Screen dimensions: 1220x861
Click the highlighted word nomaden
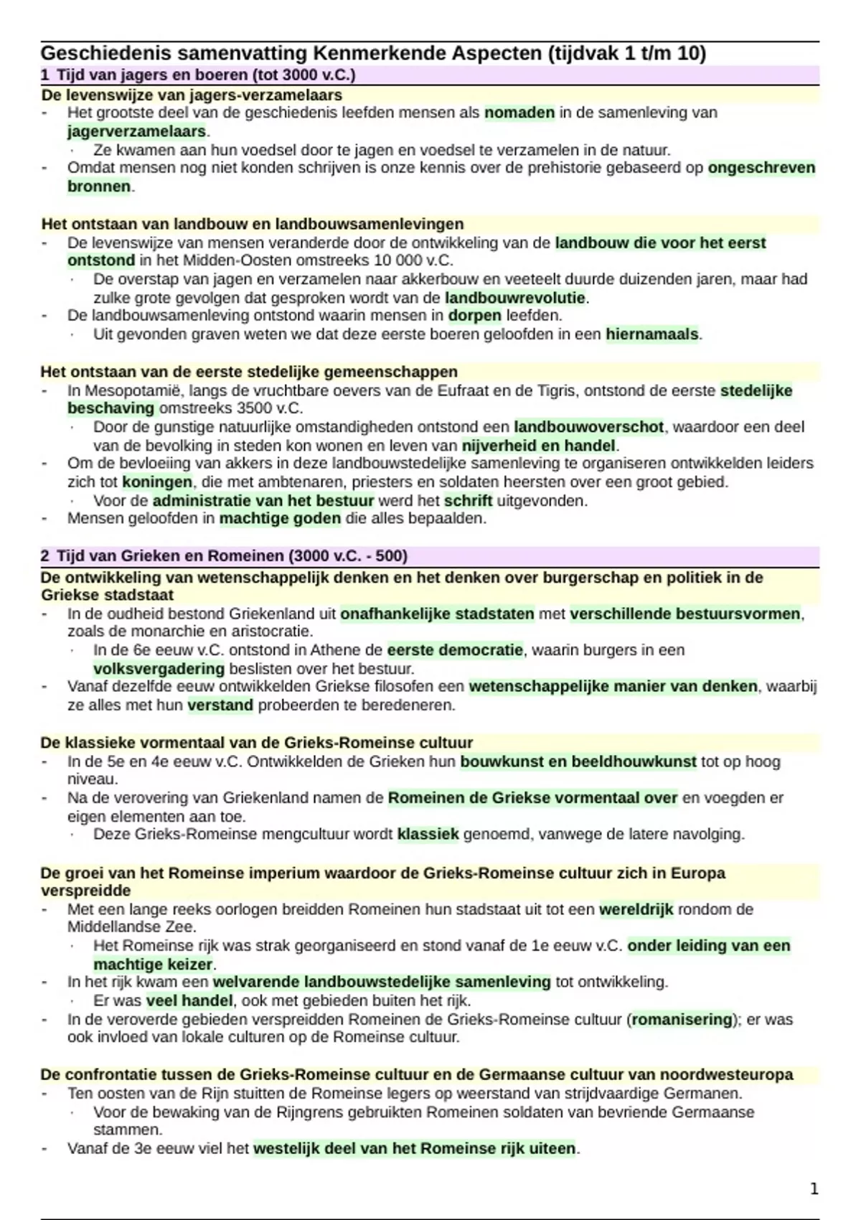point(519,113)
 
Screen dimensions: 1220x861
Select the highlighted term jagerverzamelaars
point(136,131)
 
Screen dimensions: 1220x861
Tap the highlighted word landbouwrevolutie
point(515,298)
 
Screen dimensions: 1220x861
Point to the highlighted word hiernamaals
point(651,334)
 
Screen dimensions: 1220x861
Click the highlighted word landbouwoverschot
point(588,427)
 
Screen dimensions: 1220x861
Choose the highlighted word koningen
point(157,482)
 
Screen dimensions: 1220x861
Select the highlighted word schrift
point(468,501)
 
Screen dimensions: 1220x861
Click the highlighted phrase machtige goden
point(280,519)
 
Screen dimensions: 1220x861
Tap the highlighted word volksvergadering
point(159,669)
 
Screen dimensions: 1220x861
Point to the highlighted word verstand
point(220,705)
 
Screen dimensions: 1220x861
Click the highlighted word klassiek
point(428,835)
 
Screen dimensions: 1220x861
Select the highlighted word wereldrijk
point(636,910)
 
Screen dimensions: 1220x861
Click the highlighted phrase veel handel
point(189,1001)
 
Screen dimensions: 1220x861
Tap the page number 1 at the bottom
point(814,1189)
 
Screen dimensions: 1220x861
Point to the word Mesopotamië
point(126,391)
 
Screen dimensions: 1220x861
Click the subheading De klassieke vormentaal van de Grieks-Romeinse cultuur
point(256,743)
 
